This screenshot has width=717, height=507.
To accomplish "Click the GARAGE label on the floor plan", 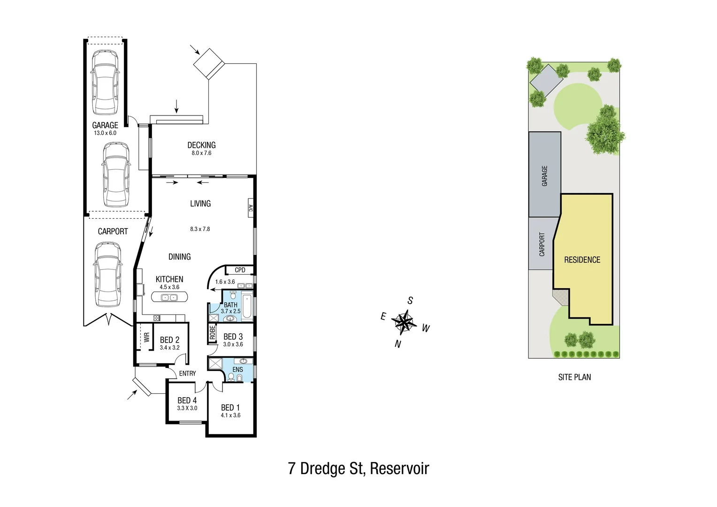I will click(x=105, y=125).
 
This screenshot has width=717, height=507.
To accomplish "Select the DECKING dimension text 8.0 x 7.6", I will click(x=201, y=153).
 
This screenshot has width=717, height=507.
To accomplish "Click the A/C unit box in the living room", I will click(x=251, y=208).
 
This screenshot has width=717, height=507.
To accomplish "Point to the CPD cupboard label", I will click(x=240, y=270).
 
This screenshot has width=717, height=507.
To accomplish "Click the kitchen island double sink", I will click(x=169, y=297).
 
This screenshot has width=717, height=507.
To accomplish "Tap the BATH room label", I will click(x=230, y=305).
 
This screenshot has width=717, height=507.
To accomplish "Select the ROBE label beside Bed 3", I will click(x=212, y=332).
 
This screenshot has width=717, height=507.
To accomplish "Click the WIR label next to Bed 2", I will click(x=146, y=337).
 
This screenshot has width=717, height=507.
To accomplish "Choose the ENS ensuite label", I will click(x=238, y=369).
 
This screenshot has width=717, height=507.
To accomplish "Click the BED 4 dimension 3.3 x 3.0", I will click(x=187, y=408).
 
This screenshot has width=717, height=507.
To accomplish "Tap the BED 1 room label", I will click(x=230, y=407).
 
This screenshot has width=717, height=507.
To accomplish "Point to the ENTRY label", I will click(x=187, y=373).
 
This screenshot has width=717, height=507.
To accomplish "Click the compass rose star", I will click(x=404, y=322).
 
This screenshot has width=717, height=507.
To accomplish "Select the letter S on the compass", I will click(x=410, y=300).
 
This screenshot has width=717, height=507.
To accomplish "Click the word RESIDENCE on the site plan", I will click(x=582, y=260).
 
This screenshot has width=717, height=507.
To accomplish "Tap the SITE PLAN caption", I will click(x=574, y=377).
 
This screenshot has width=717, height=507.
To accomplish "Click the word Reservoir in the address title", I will click(x=399, y=469).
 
